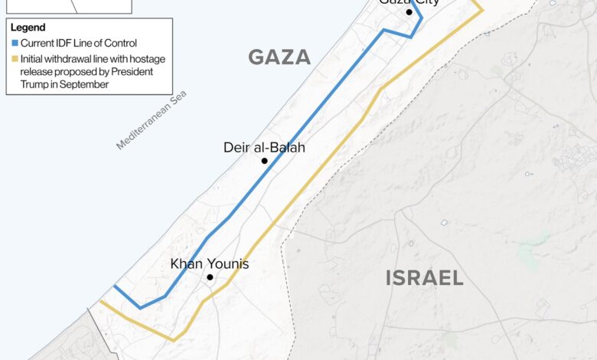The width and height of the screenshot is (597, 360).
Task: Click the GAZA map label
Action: pyautogui.click(x=279, y=57)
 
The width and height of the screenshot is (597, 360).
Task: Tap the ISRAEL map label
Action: pyautogui.click(x=424, y=277)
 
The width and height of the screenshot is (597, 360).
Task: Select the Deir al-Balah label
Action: pyautogui.click(x=264, y=147)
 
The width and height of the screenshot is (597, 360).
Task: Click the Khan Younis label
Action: pyautogui.click(x=209, y=264)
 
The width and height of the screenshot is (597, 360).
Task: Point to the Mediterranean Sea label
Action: pyautogui.click(x=151, y=120)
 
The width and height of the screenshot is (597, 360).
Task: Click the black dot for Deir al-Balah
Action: pyautogui.click(x=264, y=161)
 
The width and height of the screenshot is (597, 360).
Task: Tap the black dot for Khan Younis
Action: pyautogui.click(x=210, y=277)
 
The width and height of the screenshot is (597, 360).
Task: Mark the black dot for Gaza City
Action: pyautogui.click(x=409, y=12)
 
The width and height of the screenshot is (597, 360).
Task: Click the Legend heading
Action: pyautogui.click(x=28, y=28)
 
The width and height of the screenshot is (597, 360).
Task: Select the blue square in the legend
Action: pyautogui.click(x=15, y=43)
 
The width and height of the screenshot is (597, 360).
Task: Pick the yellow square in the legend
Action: pyautogui.click(x=15, y=59)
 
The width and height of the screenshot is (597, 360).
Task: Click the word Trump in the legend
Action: pyautogui.click(x=35, y=85)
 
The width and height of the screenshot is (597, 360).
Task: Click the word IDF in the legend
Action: pyautogui.click(x=64, y=43)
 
